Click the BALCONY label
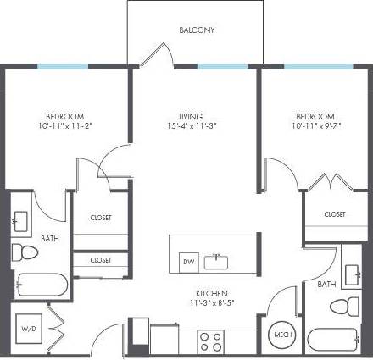(x=197, y=30)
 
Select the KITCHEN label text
(x=209, y=293)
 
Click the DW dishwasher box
(x=188, y=262)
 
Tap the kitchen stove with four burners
(x=211, y=341)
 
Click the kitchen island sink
(x=220, y=259)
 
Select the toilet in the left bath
(x=26, y=251)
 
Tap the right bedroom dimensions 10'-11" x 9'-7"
(x=315, y=125)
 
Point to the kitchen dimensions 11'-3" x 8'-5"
(x=209, y=302)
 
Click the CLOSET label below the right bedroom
(x=335, y=214)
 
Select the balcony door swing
(x=153, y=53)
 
